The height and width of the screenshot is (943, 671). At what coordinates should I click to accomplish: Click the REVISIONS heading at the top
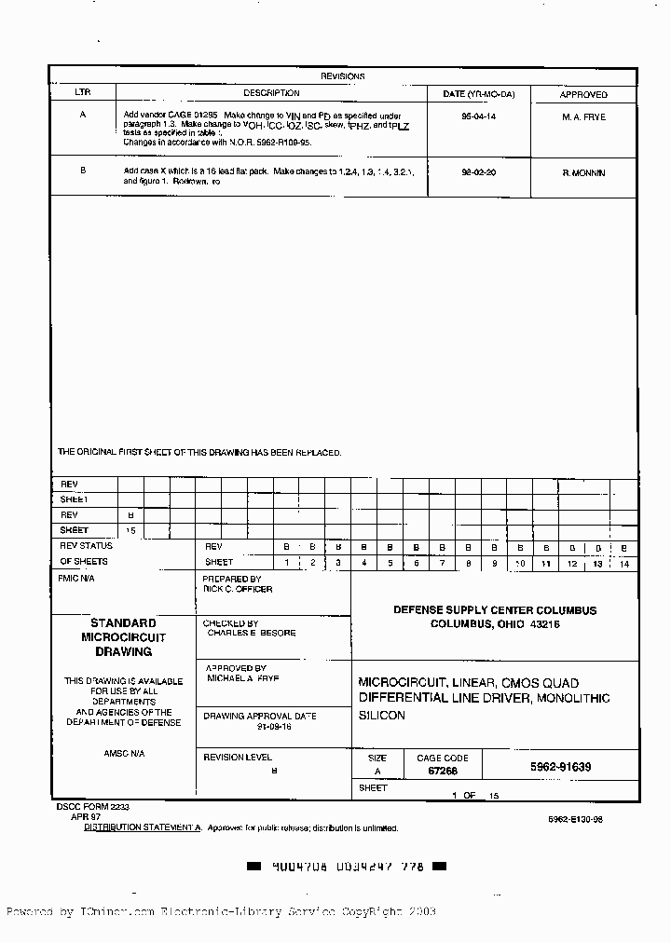(343, 76)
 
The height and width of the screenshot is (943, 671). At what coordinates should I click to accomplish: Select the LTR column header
(83, 93)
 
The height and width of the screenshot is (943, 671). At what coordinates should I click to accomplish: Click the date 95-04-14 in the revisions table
(479, 117)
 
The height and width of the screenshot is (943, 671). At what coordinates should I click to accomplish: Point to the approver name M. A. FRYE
(583, 117)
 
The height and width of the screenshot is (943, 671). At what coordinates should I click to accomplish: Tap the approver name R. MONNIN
(583, 173)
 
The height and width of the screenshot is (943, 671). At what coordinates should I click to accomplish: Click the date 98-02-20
(479, 173)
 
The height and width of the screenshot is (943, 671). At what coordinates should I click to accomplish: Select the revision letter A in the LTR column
(83, 115)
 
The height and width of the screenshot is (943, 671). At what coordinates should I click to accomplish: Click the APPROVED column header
(583, 94)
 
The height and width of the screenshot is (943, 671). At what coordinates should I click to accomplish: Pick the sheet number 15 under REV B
(130, 530)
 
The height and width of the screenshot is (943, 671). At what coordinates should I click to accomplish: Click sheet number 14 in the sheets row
(624, 564)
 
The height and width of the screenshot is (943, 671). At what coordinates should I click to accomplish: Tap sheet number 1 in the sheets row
(287, 563)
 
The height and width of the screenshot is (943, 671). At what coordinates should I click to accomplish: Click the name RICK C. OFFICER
(239, 589)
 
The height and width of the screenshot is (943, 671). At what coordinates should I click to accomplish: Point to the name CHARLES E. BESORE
(252, 633)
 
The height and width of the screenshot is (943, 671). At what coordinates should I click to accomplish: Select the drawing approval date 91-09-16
(275, 726)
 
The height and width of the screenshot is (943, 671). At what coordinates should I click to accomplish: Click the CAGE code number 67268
(442, 772)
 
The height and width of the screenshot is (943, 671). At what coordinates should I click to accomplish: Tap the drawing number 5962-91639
(561, 767)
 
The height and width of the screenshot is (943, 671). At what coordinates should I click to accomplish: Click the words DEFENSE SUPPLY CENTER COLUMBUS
(495, 610)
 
